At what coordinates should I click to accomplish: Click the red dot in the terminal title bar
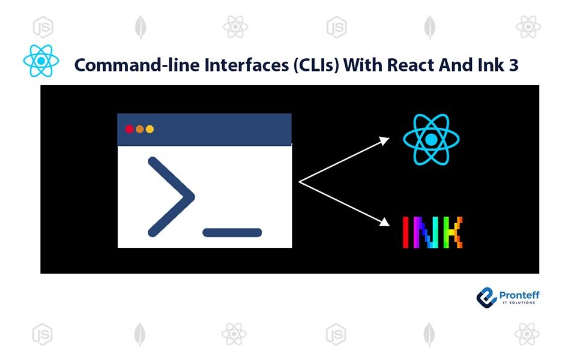tap(129, 129)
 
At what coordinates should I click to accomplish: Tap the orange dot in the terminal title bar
tap(140, 129)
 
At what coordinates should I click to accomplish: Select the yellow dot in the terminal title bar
tap(150, 129)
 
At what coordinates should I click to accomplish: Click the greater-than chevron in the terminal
tap(171, 196)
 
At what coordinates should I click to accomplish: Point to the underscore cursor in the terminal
tap(232, 232)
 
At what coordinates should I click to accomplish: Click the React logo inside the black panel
tap(431, 140)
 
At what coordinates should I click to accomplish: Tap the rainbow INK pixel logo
tap(432, 232)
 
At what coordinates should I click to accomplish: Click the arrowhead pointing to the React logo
tap(384, 140)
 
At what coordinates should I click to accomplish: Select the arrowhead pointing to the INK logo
tap(384, 223)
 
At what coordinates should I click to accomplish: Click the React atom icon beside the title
tap(41, 61)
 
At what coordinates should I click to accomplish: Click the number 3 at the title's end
tap(513, 65)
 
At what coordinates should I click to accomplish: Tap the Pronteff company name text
tap(519, 295)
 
